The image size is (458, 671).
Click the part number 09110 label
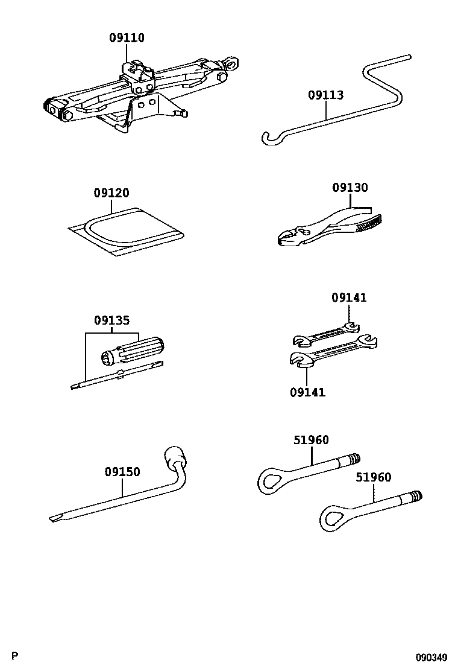coord(127,38)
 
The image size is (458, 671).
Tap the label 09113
coord(325,95)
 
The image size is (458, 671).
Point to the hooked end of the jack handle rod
coord(268,139)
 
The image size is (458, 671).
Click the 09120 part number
coord(111,194)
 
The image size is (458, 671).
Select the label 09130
coord(350,188)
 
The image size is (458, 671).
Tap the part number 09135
coord(111,320)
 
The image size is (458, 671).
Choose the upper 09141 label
coord(348,297)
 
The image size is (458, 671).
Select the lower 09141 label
coord(307,393)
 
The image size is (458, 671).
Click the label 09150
coord(122,472)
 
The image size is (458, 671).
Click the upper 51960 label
coord(311,440)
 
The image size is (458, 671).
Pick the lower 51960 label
coord(373,477)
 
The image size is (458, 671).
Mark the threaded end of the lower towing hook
coord(414,497)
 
